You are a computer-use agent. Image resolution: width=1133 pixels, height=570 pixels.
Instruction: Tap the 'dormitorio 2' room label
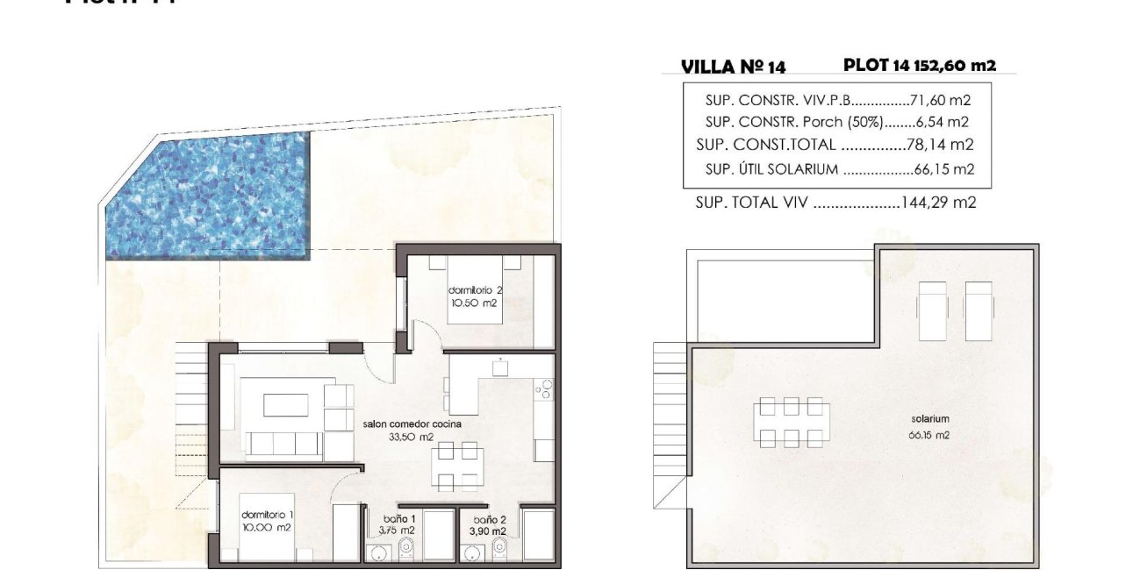(x=475, y=290)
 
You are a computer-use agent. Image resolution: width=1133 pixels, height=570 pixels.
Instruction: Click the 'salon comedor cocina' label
(x=412, y=424)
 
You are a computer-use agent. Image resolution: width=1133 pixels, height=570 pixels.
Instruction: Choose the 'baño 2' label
(x=486, y=518)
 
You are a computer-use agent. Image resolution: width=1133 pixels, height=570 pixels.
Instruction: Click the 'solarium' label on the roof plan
(x=930, y=419)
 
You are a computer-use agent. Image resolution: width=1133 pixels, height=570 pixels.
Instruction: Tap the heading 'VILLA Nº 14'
(x=733, y=67)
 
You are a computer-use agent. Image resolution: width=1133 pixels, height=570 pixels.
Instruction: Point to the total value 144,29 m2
(x=939, y=203)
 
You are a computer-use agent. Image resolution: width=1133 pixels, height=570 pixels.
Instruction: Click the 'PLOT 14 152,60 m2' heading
(x=919, y=65)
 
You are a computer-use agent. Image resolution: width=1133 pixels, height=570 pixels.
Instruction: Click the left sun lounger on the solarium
(x=931, y=310)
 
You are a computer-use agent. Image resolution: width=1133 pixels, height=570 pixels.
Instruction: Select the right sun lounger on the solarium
(x=979, y=310)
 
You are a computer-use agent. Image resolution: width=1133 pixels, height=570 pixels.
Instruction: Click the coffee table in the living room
(x=286, y=405)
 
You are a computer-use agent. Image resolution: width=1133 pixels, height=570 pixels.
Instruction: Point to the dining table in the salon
(x=459, y=466)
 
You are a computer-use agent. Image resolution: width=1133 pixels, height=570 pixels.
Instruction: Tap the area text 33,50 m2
(x=412, y=437)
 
